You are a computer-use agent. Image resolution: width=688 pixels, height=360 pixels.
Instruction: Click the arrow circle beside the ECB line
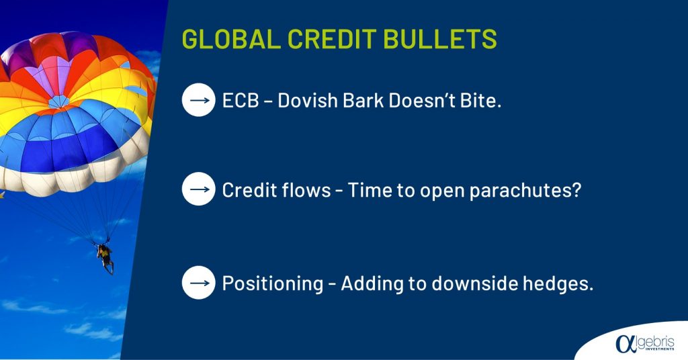(x=199, y=100)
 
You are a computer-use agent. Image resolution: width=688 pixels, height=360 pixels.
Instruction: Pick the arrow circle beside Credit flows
(x=199, y=189)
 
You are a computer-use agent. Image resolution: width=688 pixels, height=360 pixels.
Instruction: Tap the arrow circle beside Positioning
(x=199, y=283)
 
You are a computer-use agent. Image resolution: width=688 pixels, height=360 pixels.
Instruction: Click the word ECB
(x=241, y=101)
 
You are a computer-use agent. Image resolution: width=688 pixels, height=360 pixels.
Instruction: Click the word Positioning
(x=273, y=283)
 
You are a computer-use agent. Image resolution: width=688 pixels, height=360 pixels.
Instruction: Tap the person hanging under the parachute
(x=105, y=259)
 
